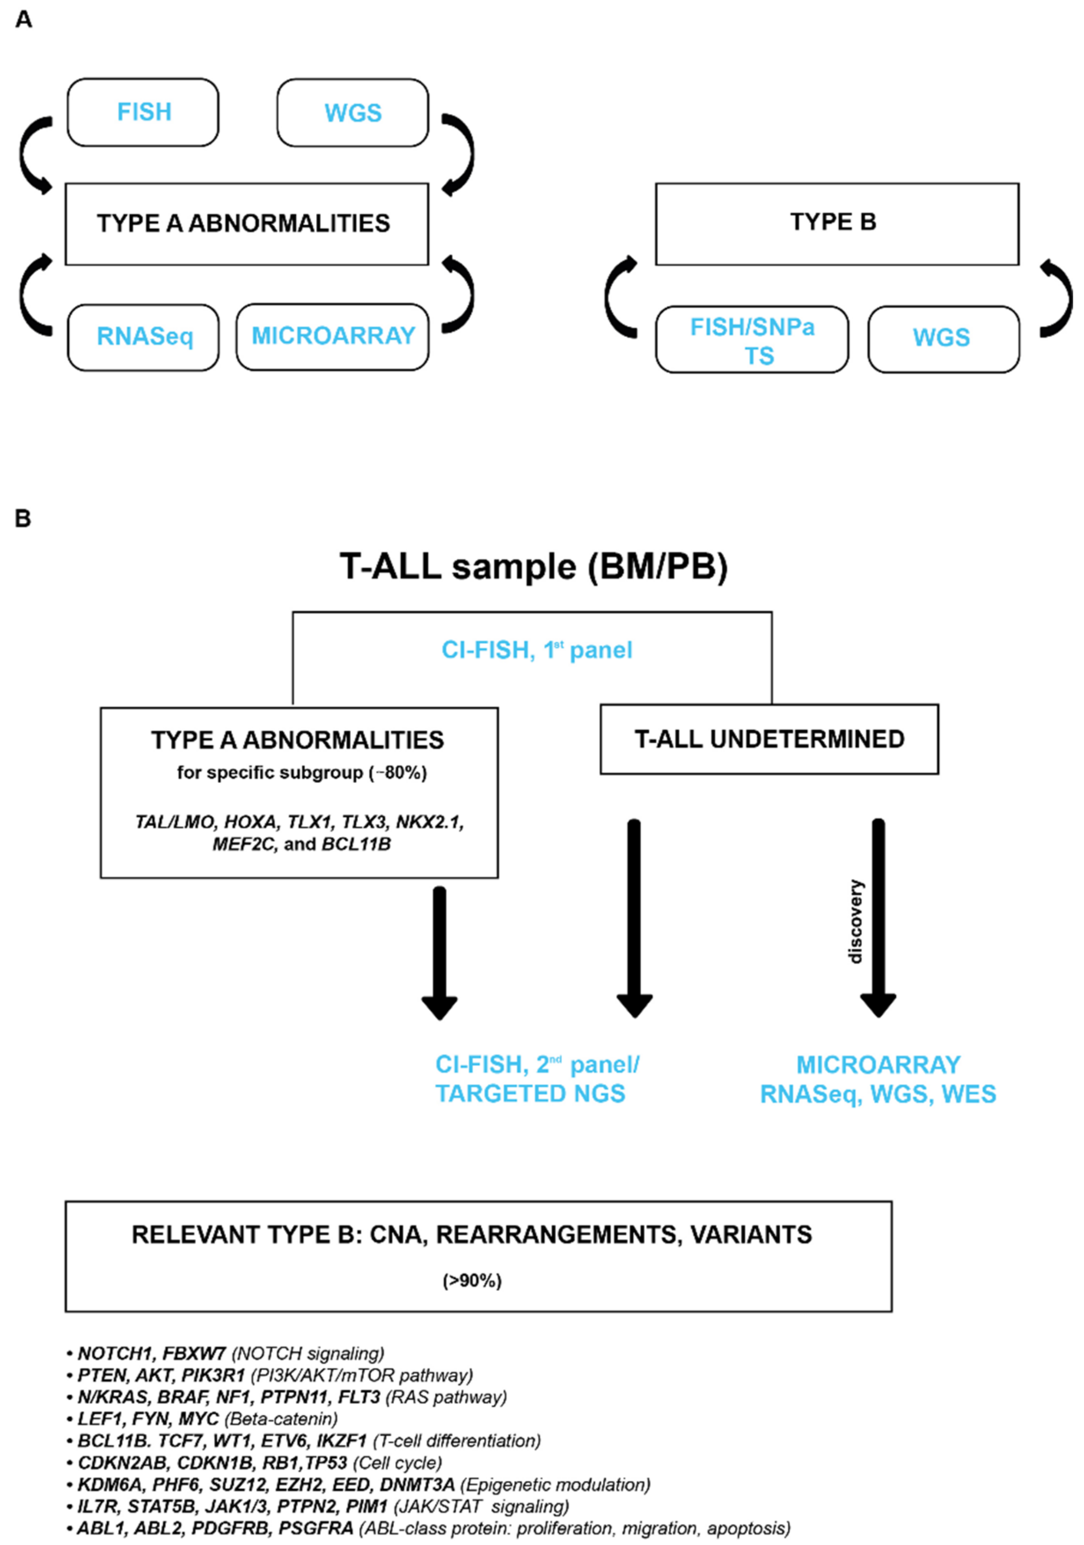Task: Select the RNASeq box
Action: tap(143, 337)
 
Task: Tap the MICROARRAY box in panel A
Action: tap(333, 337)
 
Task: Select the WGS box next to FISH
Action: tap(352, 112)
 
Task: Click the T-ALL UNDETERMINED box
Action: tap(769, 739)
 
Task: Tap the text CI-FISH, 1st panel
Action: tap(536, 650)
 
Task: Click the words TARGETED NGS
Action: tap(530, 1094)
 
